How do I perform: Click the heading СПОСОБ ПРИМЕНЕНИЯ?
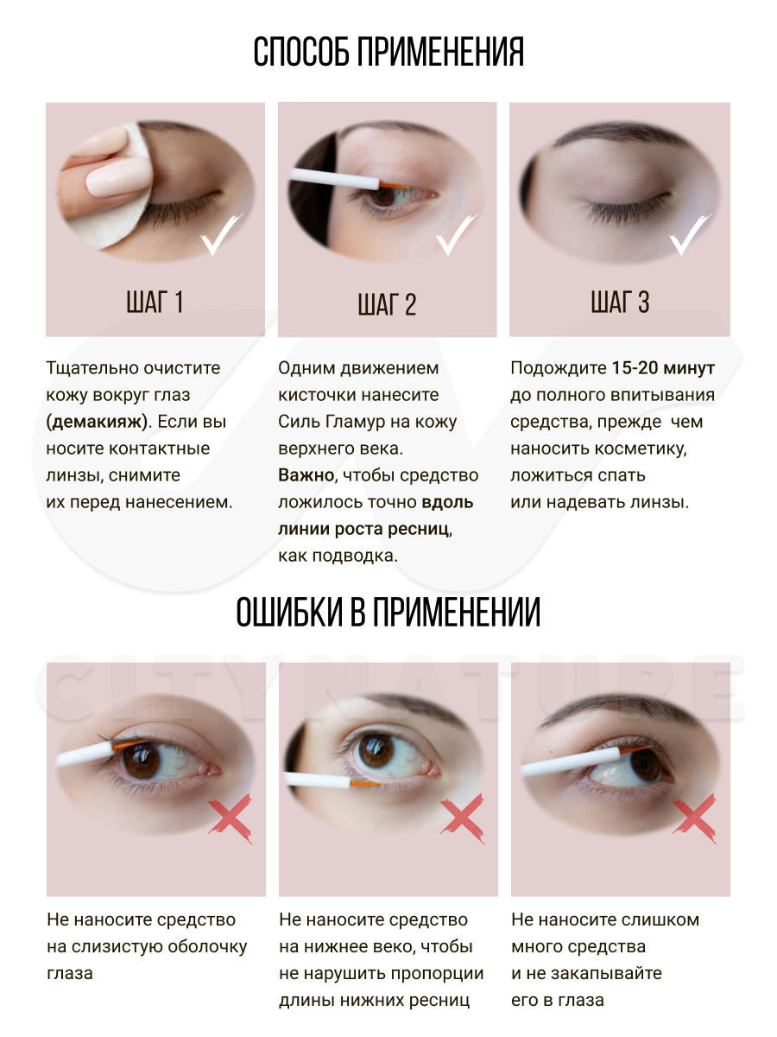click(x=388, y=52)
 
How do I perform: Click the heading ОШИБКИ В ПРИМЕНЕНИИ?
click(x=388, y=612)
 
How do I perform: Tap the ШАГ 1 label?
click(x=155, y=302)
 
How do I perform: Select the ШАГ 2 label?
click(x=387, y=304)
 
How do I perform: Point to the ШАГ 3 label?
click(x=620, y=302)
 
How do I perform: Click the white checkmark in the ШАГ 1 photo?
click(x=221, y=234)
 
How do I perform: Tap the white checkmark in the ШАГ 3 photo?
click(x=690, y=234)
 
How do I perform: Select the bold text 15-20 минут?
click(x=663, y=367)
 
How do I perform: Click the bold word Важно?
click(x=306, y=474)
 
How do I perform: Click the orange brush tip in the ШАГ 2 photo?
click(x=393, y=185)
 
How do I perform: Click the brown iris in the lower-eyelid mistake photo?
click(x=376, y=751)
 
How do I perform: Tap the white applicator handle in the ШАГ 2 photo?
click(x=334, y=179)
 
